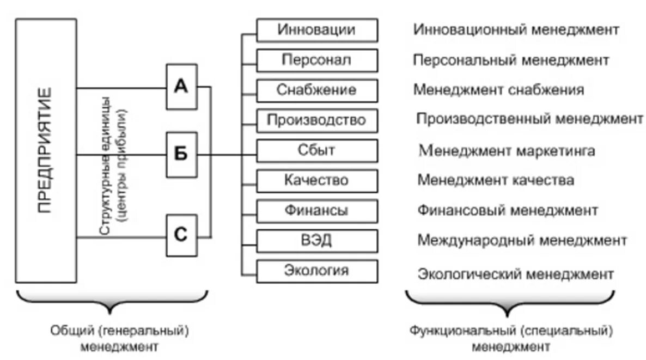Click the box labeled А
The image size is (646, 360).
(x=181, y=87)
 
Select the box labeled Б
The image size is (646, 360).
(x=181, y=155)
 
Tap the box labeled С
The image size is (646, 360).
(x=181, y=235)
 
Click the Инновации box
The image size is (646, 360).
(x=316, y=30)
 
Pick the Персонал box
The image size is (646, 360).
(x=316, y=60)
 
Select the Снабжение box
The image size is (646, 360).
(x=316, y=90)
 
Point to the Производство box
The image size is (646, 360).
(x=316, y=120)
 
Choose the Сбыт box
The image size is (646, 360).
(x=316, y=150)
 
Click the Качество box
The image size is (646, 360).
(x=316, y=180)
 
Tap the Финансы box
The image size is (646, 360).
(x=316, y=211)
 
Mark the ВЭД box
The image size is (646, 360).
(x=316, y=241)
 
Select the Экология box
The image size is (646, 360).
(x=316, y=271)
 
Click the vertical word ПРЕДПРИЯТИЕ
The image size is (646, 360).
(x=46, y=150)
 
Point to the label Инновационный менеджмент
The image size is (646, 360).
(x=516, y=29)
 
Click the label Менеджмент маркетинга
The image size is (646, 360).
(x=507, y=150)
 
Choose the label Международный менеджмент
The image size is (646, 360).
(x=522, y=240)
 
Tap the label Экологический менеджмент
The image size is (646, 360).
(x=516, y=273)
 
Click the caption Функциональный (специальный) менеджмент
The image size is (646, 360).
(x=511, y=338)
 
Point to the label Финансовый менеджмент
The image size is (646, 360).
(x=508, y=210)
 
